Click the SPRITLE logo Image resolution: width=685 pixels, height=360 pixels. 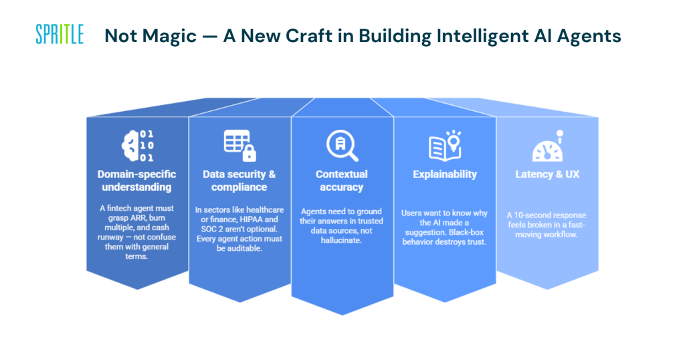click(60, 34)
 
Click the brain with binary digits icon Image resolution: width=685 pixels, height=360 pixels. click(137, 147)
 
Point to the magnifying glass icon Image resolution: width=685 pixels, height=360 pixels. click(342, 146)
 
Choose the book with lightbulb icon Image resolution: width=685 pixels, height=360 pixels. click(445, 145)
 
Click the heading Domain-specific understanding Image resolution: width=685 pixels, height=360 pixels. click(137, 181)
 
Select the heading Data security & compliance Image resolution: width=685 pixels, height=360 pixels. click(239, 181)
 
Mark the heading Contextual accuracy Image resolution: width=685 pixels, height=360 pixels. click(342, 181)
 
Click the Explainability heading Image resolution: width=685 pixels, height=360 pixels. click(445, 174)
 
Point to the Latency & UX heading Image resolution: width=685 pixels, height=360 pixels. click(547, 174)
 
